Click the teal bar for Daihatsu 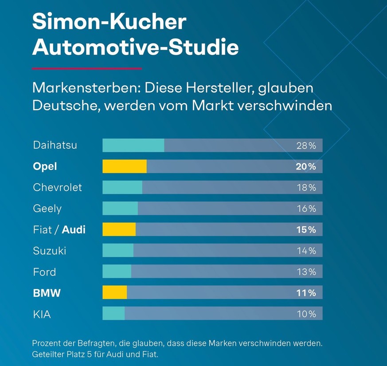pos(133,145)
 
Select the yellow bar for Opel pos(124,166)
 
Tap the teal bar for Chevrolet pos(122,187)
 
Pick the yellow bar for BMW pos(114,292)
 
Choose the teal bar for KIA pos(113,314)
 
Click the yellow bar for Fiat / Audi pos(119,229)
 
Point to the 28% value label pos(306,146)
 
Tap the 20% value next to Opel pos(306,166)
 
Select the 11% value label pos(306,293)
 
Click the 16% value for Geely pos(306,209)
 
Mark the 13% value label pos(306,272)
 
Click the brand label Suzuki pos(50,251)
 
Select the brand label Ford pos(44,272)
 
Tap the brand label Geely pos(47,209)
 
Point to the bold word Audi pos(74,229)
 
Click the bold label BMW pos(47,293)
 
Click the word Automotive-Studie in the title pos(135,47)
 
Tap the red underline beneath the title pos(87,69)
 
